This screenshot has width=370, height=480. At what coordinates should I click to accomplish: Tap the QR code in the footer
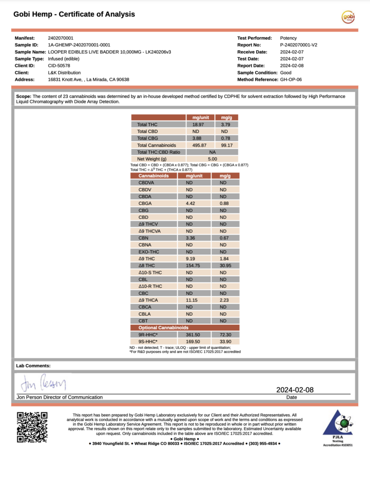pos(32,427)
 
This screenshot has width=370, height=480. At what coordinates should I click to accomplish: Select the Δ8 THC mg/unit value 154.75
pos(190,265)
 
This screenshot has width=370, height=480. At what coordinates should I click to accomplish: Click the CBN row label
pos(144,238)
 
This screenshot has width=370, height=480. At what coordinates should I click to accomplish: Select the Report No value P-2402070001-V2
pos(299,45)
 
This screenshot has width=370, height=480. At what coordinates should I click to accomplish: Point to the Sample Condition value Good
pos(286,73)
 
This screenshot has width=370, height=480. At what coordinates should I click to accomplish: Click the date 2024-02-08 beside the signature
pos(294,390)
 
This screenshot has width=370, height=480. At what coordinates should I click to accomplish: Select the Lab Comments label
pos(33,366)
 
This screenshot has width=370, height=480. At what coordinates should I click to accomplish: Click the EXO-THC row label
pos(148,252)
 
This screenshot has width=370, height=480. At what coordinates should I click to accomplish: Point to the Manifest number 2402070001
pos(60,38)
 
